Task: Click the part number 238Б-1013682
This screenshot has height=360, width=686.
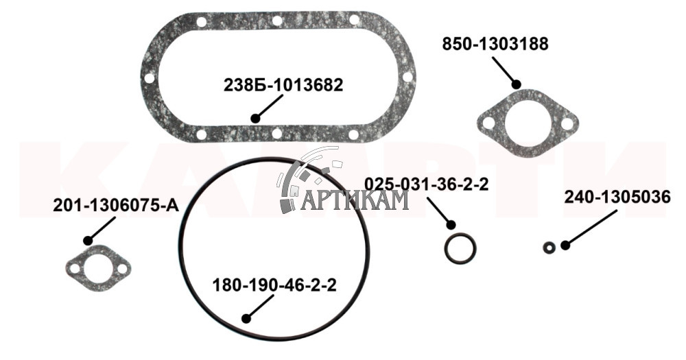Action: [x=283, y=85]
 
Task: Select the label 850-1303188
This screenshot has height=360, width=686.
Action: [x=495, y=44]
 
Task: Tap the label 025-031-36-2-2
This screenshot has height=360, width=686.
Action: [x=427, y=184]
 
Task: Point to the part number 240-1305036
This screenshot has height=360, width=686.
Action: [x=617, y=197]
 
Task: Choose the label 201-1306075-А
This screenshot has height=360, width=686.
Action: [x=116, y=205]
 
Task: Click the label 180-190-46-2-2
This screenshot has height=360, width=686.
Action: [x=274, y=286]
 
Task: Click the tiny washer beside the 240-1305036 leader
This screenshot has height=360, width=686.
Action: [x=549, y=248]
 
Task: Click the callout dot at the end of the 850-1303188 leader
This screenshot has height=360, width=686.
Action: [x=517, y=84]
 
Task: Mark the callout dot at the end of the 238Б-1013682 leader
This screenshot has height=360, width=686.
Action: [x=255, y=118]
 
